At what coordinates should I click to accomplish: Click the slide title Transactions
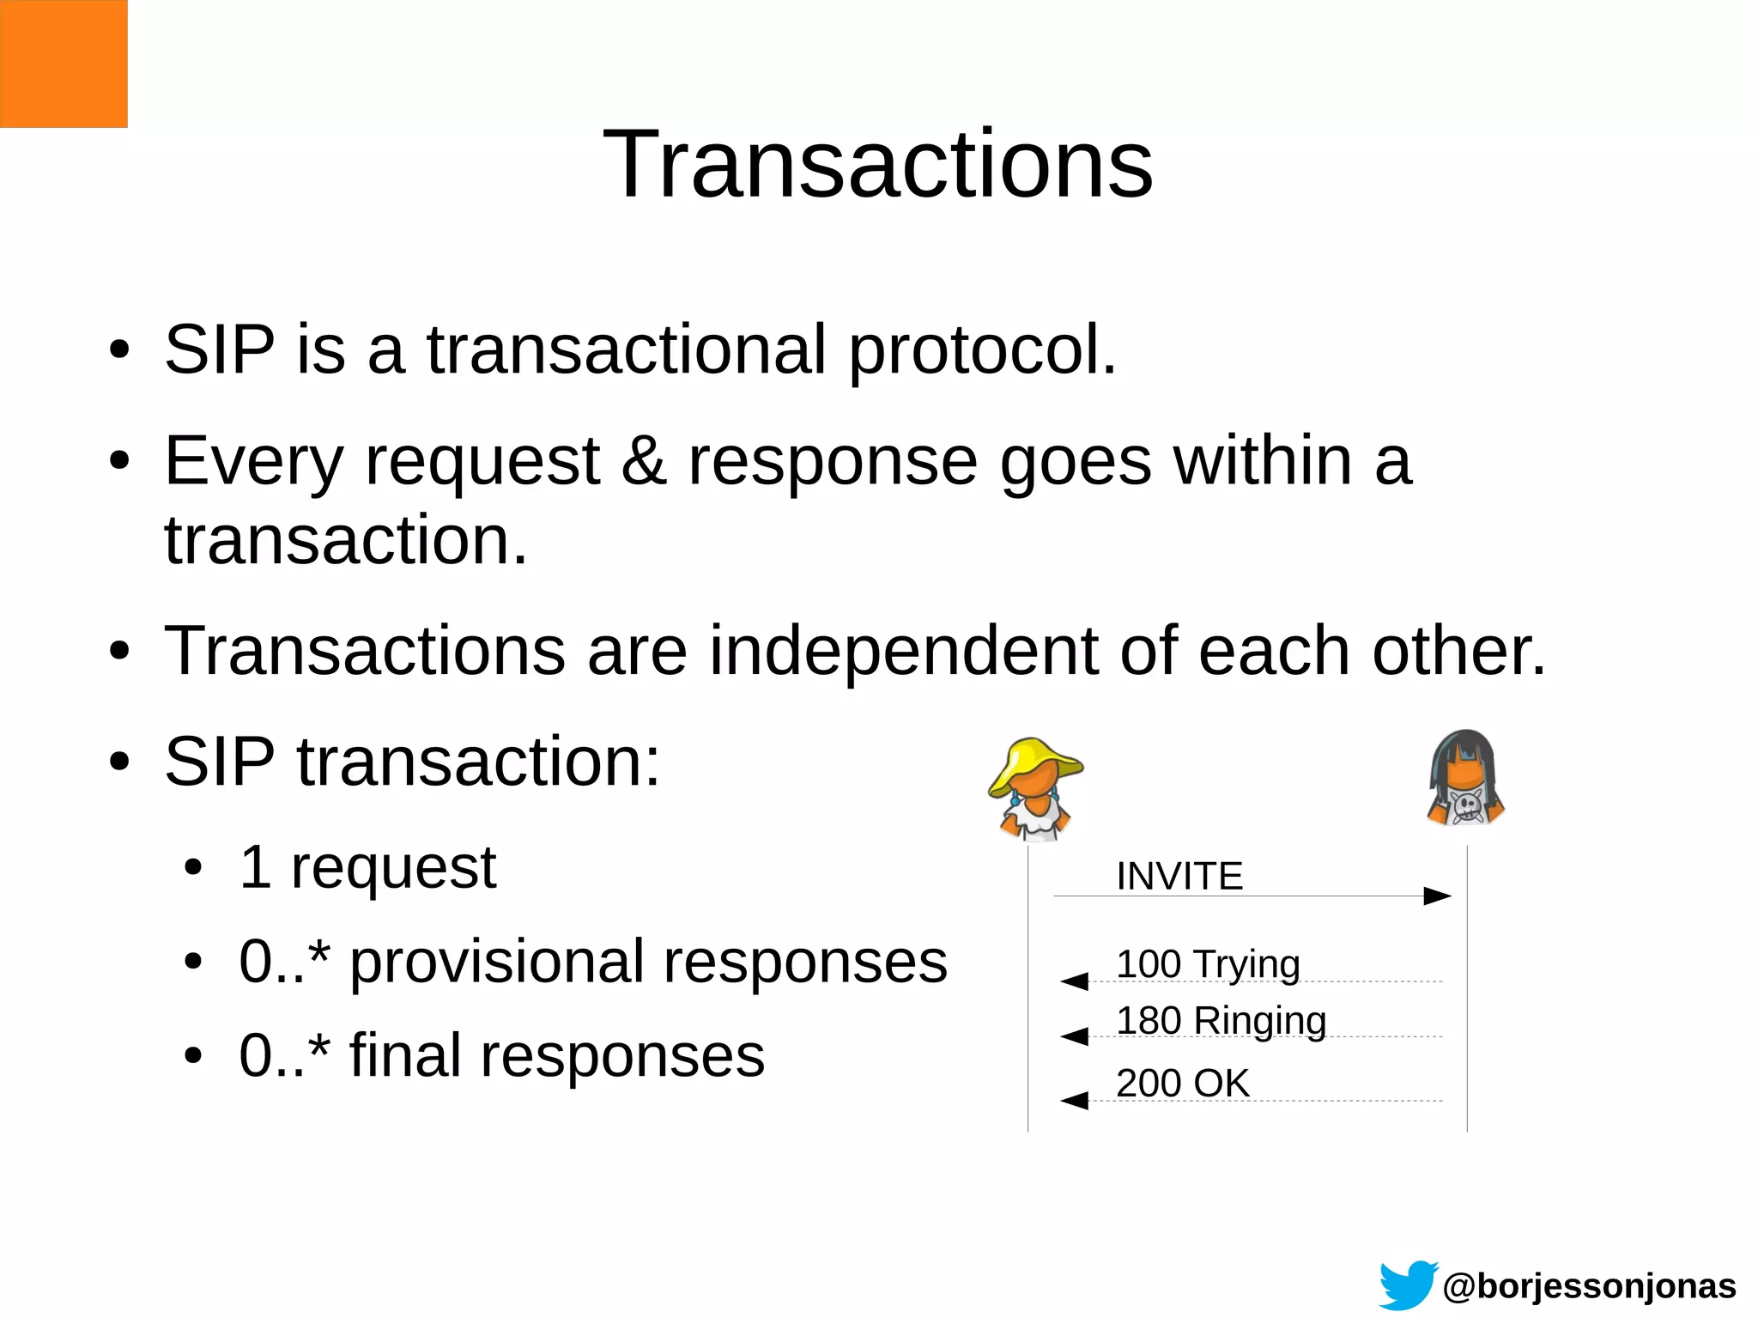[878, 163]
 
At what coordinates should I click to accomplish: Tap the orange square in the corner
[64, 64]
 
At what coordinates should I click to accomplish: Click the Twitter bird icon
[1408, 1285]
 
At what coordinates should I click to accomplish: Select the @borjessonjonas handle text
[1589, 1286]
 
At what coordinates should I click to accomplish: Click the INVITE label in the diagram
[1179, 876]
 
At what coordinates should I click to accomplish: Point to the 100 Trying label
[1208, 964]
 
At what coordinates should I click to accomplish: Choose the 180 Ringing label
[1221, 1021]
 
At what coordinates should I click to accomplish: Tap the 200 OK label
[1182, 1083]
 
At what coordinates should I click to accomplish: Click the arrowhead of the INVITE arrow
[1437, 896]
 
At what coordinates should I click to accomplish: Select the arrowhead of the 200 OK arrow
[1075, 1101]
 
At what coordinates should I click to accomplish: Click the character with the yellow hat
[1036, 788]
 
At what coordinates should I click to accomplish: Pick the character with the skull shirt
[1465, 780]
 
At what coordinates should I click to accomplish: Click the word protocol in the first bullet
[982, 350]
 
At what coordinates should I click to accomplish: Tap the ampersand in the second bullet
[644, 461]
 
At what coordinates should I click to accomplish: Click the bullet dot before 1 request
[193, 867]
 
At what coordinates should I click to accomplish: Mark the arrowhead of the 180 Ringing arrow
[1075, 1036]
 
